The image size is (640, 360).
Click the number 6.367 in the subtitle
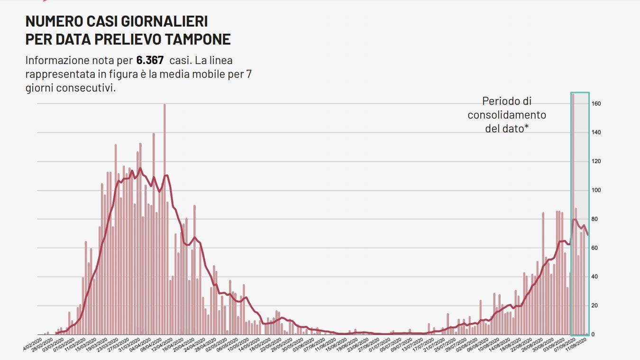[x=150, y=60]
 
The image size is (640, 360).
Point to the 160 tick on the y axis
[x=596, y=103]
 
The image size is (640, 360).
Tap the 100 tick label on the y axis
[x=596, y=190]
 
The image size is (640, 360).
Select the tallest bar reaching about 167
[x=573, y=213]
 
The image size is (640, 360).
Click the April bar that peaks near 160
[x=165, y=218]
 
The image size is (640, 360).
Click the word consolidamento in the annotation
[x=507, y=115]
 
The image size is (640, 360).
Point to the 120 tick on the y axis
[x=596, y=161]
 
